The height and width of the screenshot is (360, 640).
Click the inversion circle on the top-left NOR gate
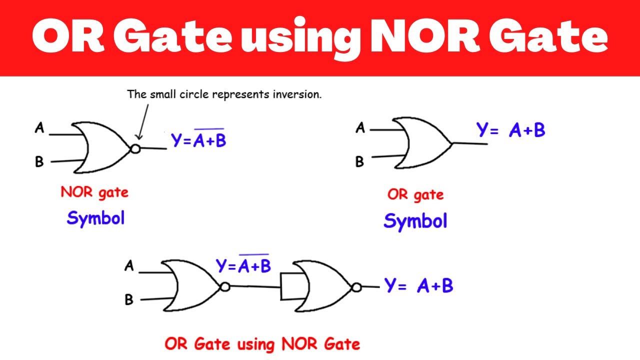coord(135,149)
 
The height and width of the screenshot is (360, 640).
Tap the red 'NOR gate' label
coord(94,192)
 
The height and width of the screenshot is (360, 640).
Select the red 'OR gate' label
coord(415,195)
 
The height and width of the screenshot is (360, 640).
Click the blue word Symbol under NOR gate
coord(95,218)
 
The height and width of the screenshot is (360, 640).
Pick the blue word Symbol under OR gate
coord(415,221)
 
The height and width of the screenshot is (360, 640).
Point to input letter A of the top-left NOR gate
coord(39,127)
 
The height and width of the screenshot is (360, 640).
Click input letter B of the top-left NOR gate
coord(39,161)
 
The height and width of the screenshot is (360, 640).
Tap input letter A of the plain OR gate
coord(360,127)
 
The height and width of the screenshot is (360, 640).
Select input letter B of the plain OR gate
coord(359,161)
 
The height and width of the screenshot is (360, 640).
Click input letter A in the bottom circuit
coord(129,265)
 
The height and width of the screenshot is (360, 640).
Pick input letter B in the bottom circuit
coord(129,299)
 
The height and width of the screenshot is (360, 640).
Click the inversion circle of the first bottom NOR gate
coord(225,287)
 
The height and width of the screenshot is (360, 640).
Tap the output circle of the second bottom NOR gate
coord(356,287)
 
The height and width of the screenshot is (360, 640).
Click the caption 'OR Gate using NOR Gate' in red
coord(262,344)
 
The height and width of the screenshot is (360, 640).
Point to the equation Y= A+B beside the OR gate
coord(511,130)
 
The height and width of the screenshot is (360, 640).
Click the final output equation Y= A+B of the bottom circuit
coord(419,285)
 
